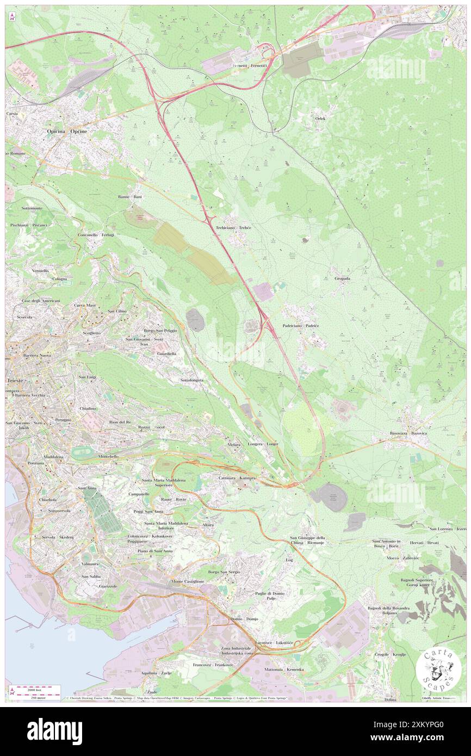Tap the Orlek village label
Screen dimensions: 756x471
(x=320, y=118)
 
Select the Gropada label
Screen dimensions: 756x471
(x=342, y=278)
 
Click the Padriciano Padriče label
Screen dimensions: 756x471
(x=301, y=325)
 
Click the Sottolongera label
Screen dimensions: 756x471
(x=191, y=380)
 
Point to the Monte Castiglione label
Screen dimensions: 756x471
(x=188, y=581)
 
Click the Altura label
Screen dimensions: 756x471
(x=208, y=524)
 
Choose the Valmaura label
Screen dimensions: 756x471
(x=89, y=565)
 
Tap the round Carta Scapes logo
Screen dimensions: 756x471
(x=438, y=670)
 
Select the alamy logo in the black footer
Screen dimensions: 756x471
(x=54, y=732)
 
